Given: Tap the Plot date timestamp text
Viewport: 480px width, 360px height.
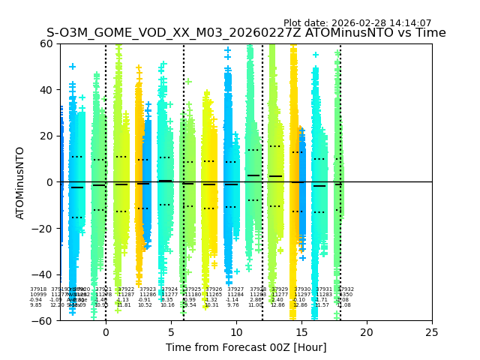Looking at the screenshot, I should click(357, 23).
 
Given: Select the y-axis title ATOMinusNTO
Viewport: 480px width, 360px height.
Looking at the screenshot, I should click(21, 182).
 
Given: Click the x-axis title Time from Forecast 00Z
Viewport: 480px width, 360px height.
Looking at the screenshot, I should click(246, 347).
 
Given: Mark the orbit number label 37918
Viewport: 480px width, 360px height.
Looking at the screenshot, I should click(38, 289).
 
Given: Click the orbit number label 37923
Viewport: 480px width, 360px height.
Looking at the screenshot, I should click(148, 289).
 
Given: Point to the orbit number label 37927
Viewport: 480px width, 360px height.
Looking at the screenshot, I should click(235, 289).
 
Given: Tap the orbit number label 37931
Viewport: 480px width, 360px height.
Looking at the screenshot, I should click(323, 289).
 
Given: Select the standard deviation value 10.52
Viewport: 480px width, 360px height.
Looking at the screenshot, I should click(145, 305).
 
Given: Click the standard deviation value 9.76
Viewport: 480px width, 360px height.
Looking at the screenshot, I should click(233, 305).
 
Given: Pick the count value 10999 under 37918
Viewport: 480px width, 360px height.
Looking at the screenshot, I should click(38, 295).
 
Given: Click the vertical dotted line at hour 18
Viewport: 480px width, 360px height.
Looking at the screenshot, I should click(340, 150).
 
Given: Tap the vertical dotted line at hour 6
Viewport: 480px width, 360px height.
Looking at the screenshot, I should click(184, 150).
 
